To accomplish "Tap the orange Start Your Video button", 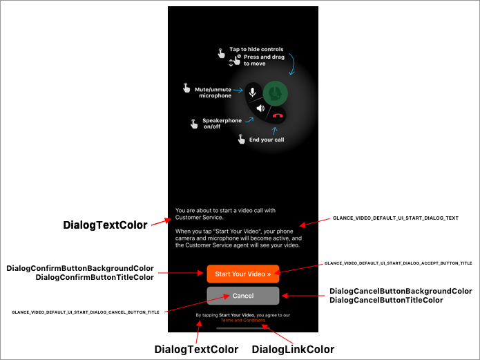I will tap(242, 274).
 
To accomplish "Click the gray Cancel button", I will tap(242, 296).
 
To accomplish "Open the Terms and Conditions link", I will tap(242, 321).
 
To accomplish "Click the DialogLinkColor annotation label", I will tap(293, 350).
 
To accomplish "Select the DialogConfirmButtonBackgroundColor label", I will tap(80, 268).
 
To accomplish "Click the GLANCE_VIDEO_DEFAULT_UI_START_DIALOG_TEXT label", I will tap(396, 218).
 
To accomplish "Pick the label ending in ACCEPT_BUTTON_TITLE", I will tap(398, 263).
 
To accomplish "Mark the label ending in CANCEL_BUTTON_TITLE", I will tap(86, 312).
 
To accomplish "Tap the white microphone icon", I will tap(252, 91).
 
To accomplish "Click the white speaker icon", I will tap(260, 108).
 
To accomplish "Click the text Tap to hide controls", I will tap(256, 50).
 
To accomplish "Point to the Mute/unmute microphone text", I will tap(213, 92).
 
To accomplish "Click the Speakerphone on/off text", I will tap(222, 124).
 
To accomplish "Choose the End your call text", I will tap(267, 140).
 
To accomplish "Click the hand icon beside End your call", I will tap(241, 139).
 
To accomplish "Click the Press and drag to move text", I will tap(262, 60).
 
